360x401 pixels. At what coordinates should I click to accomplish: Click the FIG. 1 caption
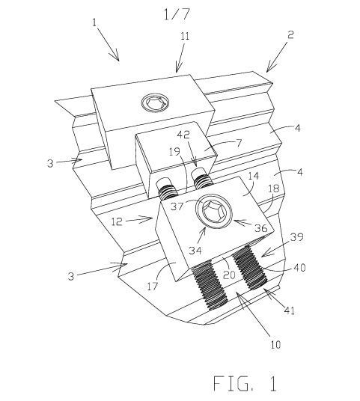[245, 383]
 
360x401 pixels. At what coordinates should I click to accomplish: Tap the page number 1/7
[177, 14]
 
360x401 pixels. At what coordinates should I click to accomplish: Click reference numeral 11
[185, 36]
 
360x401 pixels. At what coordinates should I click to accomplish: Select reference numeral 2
[290, 34]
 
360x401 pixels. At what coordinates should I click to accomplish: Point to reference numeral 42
[190, 135]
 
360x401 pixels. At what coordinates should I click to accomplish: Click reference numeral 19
[174, 153]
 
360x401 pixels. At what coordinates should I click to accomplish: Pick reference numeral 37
[177, 206]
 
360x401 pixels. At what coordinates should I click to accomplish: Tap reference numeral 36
[261, 228]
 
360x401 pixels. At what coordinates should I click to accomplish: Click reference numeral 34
[195, 251]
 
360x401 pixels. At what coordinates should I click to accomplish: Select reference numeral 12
[117, 221]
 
